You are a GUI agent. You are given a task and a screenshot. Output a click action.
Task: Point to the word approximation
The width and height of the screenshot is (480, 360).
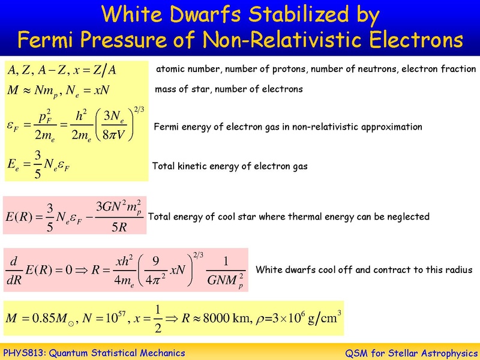coord(392,127)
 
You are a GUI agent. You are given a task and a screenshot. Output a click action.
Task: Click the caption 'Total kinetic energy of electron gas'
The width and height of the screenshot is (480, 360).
coord(230,166)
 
